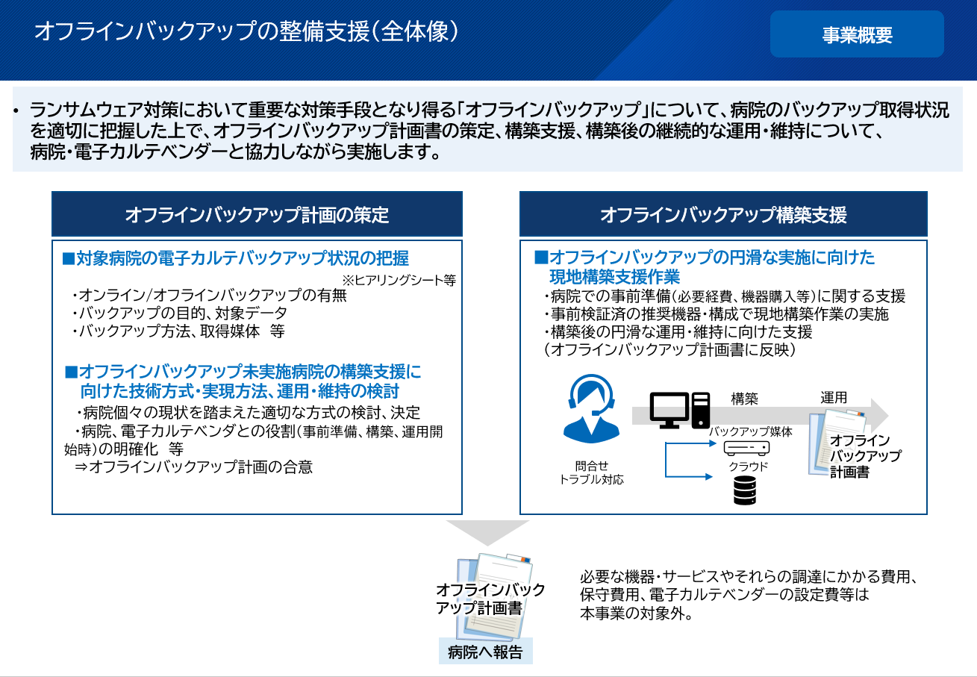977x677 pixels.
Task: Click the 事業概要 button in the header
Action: (857, 34)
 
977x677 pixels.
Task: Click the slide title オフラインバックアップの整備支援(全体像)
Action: (246, 31)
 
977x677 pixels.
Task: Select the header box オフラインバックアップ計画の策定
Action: (257, 214)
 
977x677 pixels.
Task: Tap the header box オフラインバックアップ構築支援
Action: (723, 214)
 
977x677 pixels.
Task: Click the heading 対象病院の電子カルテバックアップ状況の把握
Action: (236, 258)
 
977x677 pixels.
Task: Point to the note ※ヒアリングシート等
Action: (399, 280)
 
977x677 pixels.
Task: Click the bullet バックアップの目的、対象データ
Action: (180, 313)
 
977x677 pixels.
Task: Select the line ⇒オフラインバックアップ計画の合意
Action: (193, 467)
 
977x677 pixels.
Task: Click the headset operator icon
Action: (591, 409)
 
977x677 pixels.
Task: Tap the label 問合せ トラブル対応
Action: (591, 472)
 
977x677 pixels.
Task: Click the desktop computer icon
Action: (679, 410)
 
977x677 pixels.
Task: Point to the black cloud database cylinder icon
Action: (745, 490)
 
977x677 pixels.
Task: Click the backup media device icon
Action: (746, 448)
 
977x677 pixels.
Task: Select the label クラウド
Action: (748, 467)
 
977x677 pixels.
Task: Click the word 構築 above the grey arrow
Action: (745, 399)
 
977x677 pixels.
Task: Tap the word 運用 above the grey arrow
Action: (834, 397)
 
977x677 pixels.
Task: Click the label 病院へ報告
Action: (485, 652)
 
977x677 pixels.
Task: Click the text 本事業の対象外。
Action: (637, 614)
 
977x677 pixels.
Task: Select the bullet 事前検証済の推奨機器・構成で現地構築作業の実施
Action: (717, 314)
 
